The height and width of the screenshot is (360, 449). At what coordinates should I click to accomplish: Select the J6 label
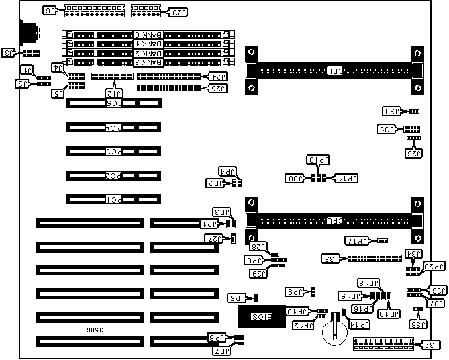click(51, 10)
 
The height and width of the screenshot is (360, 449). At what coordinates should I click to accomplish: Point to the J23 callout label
click(179, 12)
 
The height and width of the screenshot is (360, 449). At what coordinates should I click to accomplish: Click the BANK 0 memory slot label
click(147, 34)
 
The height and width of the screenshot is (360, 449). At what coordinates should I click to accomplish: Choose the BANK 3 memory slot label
click(147, 62)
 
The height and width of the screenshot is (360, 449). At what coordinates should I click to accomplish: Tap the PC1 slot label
click(115, 199)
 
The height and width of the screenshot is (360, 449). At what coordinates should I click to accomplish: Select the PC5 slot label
click(115, 103)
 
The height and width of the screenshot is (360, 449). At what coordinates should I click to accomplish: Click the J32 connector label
click(433, 345)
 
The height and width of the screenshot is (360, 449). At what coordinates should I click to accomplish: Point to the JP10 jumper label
click(317, 160)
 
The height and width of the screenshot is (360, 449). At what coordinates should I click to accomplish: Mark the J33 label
click(331, 259)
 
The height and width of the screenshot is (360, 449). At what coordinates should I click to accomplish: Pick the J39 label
click(391, 111)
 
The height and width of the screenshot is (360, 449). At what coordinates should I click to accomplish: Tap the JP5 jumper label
click(237, 298)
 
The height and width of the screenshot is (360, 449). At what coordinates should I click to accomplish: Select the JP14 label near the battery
click(360, 324)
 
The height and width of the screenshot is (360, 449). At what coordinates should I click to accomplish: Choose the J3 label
click(10, 52)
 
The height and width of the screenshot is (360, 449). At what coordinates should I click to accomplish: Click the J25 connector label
click(218, 88)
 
